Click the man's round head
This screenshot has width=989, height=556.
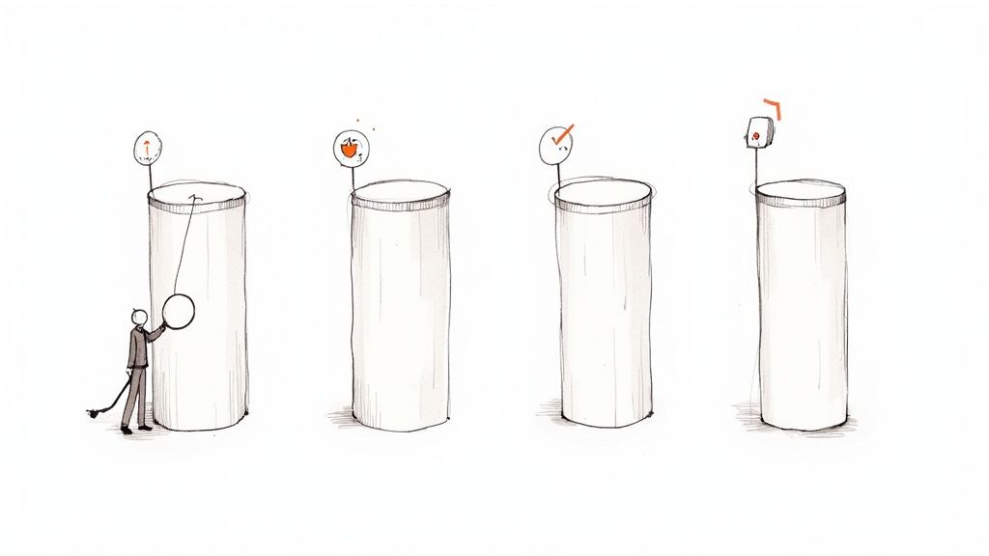tap(139, 318)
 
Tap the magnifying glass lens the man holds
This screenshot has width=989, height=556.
tap(180, 310)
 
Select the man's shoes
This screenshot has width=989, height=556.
tap(135, 428)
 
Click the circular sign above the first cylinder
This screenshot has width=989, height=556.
tap(148, 147)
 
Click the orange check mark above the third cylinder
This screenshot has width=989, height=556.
tap(561, 134)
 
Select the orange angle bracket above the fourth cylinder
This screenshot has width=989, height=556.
tap(772, 107)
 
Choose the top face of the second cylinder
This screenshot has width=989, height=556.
tap(401, 192)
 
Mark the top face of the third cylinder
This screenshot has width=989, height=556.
tap(603, 192)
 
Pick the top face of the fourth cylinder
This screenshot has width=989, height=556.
tap(800, 191)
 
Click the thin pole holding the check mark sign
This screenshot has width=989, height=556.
tap(556, 172)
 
